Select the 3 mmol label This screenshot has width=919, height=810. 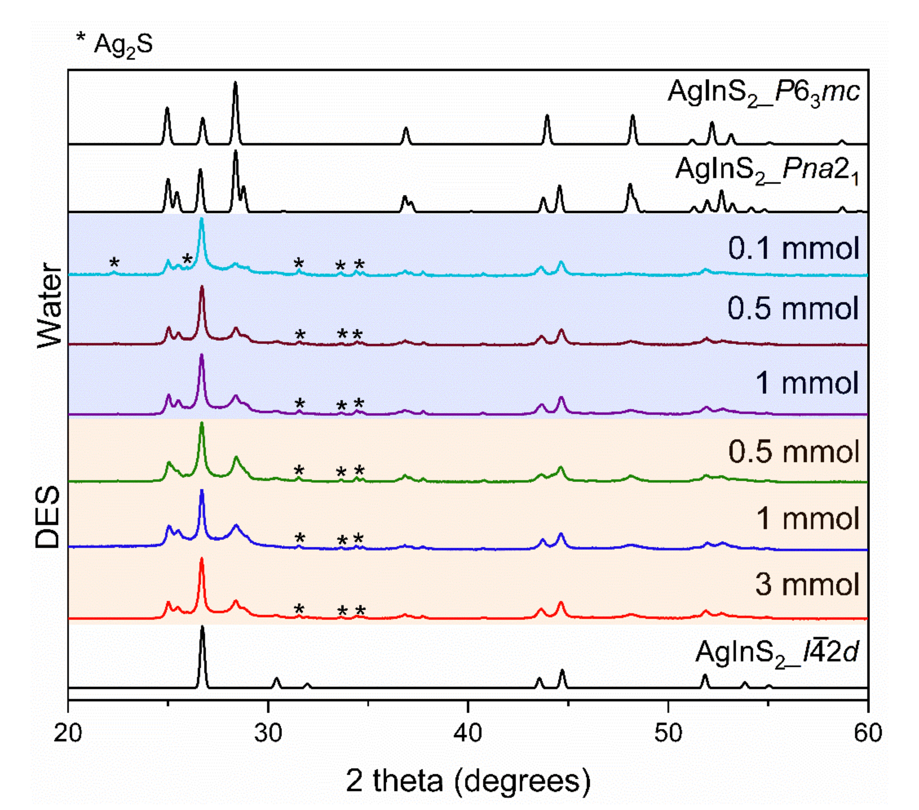807,585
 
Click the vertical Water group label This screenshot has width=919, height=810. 49,306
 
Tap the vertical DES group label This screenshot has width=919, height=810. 48,517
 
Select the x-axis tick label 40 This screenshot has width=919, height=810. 468,733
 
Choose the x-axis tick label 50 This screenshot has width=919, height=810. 668,733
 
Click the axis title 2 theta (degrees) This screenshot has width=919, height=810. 468,781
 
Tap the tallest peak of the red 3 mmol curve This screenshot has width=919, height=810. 201,559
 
